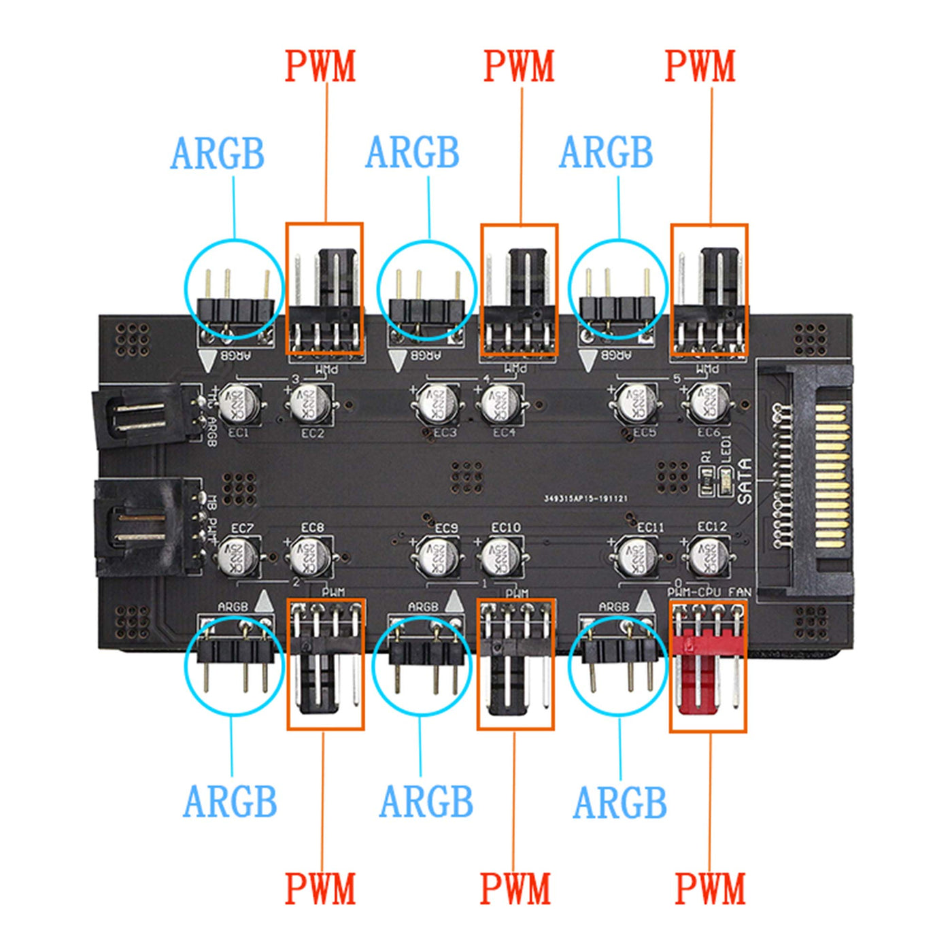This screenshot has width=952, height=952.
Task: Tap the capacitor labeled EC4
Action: coord(500,404)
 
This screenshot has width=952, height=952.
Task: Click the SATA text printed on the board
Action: coord(745,481)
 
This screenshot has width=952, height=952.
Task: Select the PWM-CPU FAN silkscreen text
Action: coord(709,592)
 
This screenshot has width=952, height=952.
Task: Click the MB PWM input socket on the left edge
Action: coord(139,527)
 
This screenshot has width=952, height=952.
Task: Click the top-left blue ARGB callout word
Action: coord(217,154)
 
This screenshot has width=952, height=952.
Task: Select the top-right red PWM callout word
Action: coord(700,67)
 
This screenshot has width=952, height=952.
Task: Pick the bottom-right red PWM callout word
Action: coord(709,889)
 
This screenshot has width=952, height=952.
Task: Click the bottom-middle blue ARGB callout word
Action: coord(426,802)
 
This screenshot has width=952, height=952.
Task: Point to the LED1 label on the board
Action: coord(726,449)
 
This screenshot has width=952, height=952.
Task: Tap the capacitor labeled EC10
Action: coord(500,556)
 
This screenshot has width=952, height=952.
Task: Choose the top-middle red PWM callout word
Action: coord(519,67)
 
